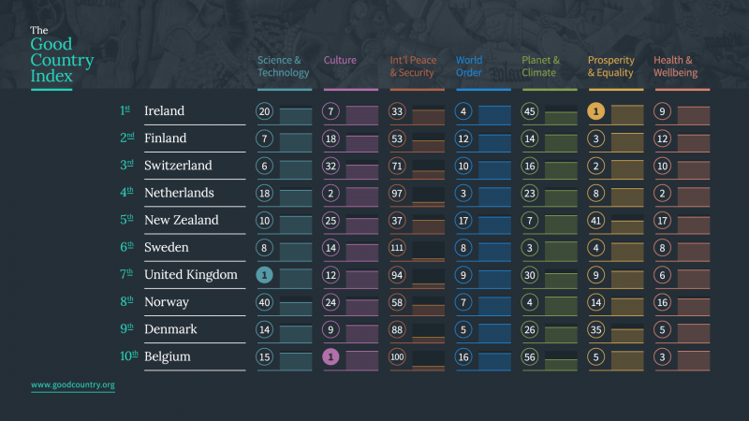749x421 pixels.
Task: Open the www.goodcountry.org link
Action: tap(72, 385)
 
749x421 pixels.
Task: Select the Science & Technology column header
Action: tap(283, 66)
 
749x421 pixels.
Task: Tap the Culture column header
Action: tap(340, 61)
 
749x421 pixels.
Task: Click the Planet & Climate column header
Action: tap(541, 66)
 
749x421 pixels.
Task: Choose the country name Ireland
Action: tap(164, 111)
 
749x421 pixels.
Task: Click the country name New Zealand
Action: tap(181, 221)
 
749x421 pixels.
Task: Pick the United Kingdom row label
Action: tap(188, 275)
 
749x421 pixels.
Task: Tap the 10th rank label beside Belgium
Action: tap(128, 356)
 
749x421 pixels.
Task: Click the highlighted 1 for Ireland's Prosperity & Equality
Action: tap(596, 111)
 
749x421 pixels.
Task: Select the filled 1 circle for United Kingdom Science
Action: tap(266, 275)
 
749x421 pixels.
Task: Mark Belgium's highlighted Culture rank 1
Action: tap(331, 356)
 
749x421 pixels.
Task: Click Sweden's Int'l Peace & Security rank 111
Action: tap(398, 248)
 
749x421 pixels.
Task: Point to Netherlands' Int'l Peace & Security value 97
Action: tap(398, 193)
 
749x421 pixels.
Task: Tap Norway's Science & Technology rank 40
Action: tap(266, 302)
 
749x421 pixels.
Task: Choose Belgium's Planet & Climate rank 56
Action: tap(530, 356)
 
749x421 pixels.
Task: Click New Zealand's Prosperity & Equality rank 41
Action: tap(596, 221)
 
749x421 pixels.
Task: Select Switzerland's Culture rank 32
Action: tap(331, 166)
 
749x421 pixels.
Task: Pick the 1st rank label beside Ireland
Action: tap(125, 111)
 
